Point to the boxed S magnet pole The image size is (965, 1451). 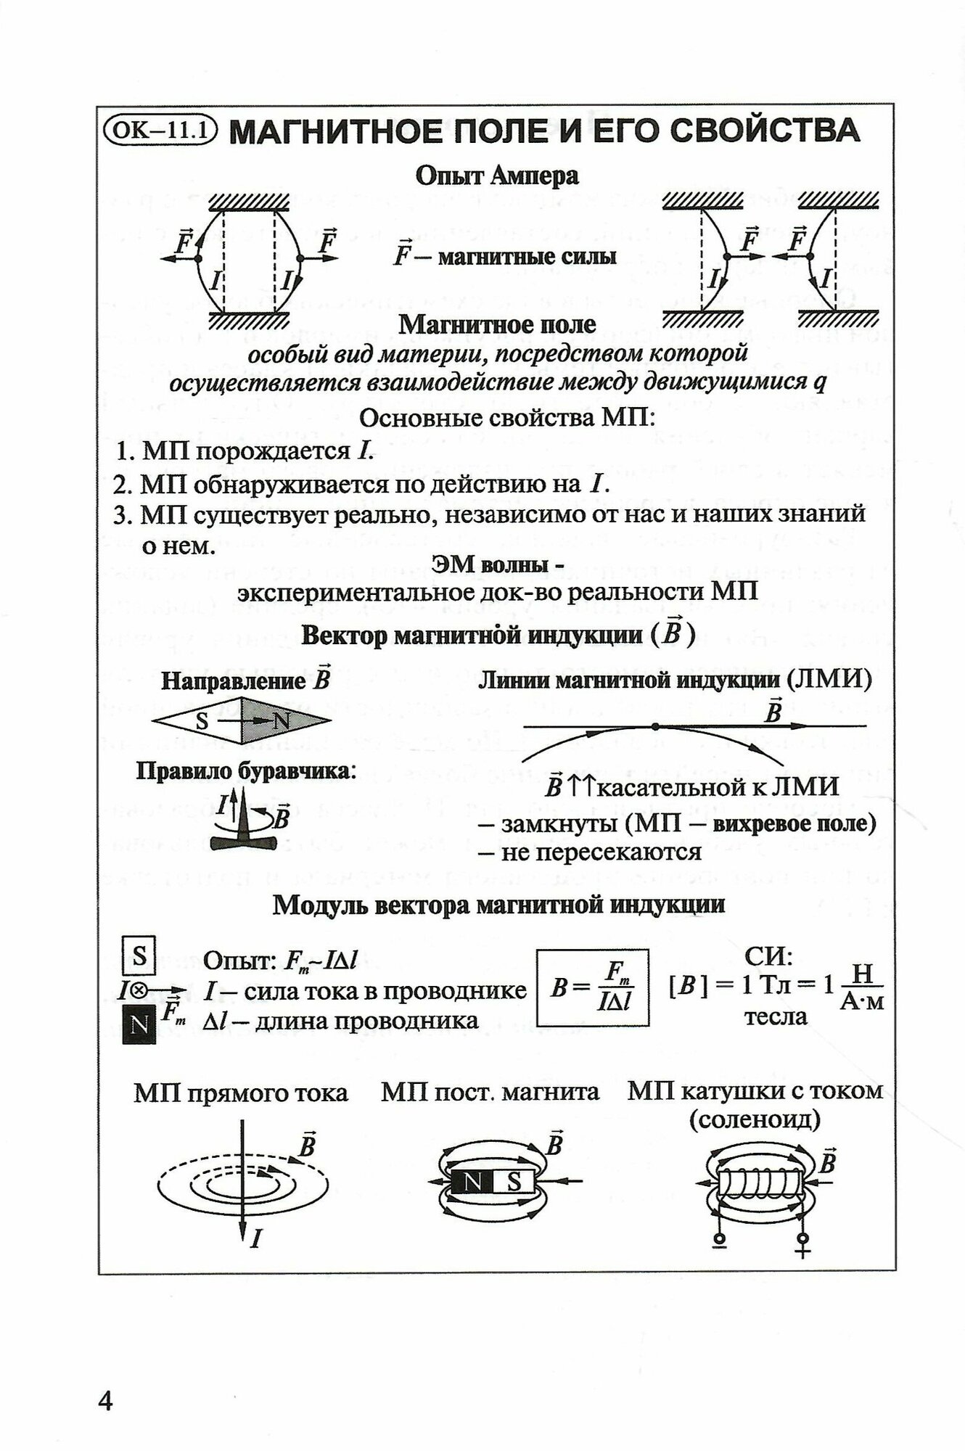tap(139, 956)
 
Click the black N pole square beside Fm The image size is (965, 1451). tap(139, 1024)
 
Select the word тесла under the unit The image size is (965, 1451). tap(776, 1016)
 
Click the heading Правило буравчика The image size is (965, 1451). tap(247, 770)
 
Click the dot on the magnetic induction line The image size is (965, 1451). tap(655, 725)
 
